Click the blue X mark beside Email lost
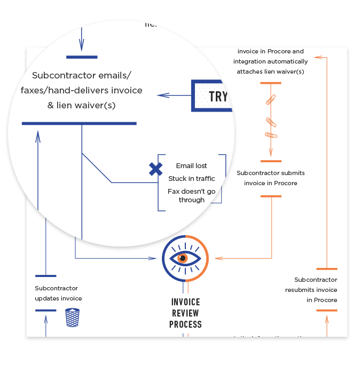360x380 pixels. tap(155, 170)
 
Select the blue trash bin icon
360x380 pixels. tap(72, 317)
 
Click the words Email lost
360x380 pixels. tap(191, 166)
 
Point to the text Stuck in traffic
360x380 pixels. tap(192, 178)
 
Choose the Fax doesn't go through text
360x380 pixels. tap(192, 195)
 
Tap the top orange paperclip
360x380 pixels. tap(271, 99)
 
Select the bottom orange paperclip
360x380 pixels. tap(271, 134)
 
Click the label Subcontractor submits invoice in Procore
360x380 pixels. tap(271, 178)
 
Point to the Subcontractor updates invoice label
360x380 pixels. tap(58, 293)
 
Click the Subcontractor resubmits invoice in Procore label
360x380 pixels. tap(315, 290)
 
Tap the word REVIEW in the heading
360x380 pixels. tap(185, 313)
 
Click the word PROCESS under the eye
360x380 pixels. tap(185, 324)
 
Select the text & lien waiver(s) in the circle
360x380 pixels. tap(81, 105)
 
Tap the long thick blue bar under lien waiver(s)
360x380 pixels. tap(79, 123)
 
